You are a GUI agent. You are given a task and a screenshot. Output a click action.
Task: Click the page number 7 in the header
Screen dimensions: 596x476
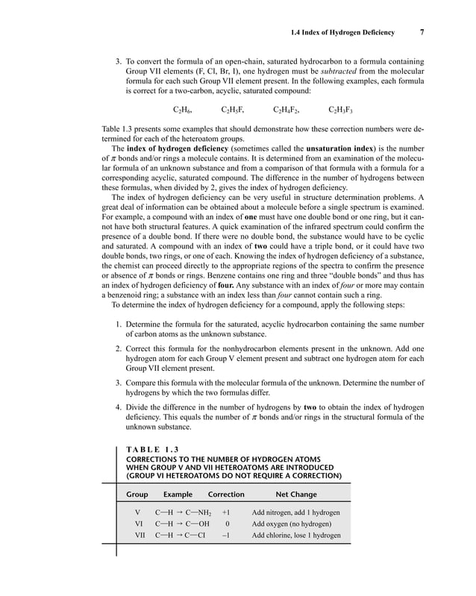pos(422,33)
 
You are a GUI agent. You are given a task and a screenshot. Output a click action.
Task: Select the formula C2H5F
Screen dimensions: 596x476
pos(233,110)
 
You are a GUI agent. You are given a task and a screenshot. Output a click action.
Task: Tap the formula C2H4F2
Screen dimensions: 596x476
pos(286,110)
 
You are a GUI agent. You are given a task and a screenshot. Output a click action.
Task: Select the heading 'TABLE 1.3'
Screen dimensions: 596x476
pos(153,448)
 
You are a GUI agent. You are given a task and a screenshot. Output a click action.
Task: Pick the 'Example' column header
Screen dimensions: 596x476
pos(178,495)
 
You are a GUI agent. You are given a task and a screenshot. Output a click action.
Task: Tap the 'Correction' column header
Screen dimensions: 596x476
pos(226,495)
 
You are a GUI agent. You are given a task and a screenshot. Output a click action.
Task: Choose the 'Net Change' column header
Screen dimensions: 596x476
pos(296,495)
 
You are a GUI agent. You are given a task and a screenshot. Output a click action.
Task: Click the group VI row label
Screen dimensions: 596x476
pos(137,524)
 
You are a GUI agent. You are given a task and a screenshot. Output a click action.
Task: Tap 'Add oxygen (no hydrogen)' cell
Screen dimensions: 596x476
pos(291,524)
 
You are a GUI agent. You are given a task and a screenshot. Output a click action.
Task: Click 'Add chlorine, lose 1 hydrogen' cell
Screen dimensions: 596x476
pos(296,536)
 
